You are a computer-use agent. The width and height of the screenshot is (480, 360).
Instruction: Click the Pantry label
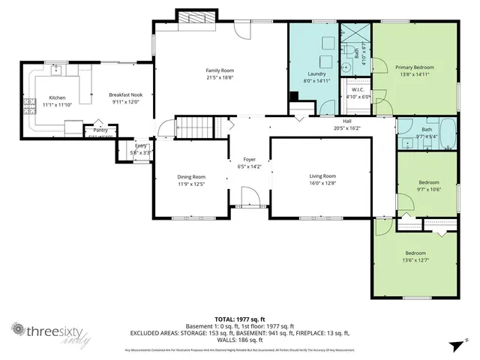pyautogui.click(x=100, y=130)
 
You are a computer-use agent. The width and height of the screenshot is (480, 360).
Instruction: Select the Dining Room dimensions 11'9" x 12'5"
pyautogui.click(x=191, y=184)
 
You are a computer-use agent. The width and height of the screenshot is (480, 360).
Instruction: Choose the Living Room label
pyautogui.click(x=322, y=176)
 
